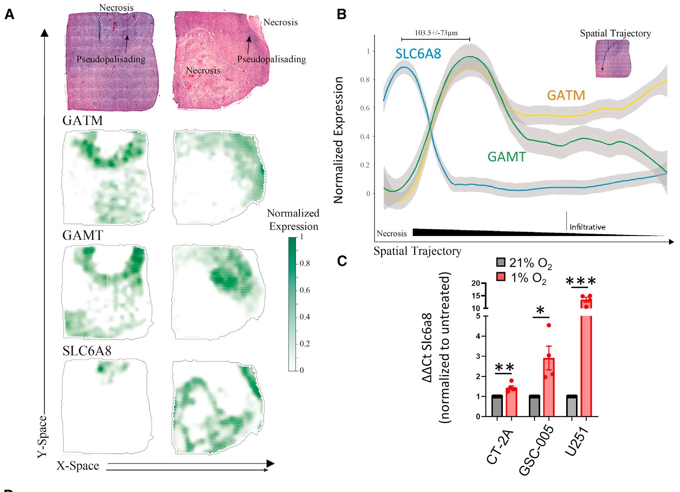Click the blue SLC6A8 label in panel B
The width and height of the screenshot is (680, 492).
coord(418,54)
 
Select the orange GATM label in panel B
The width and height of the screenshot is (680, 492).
coord(566,95)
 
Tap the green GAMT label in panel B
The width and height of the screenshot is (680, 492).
coord(506,157)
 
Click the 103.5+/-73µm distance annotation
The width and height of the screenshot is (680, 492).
coord(436,33)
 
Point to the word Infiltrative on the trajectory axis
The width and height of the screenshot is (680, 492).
coord(587,227)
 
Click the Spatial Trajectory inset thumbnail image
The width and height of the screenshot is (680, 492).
coord(613,58)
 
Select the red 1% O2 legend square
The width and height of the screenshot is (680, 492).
coord(501,277)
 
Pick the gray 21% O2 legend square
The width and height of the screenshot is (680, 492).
coord(501,262)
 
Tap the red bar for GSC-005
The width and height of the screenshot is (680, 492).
coord(549,388)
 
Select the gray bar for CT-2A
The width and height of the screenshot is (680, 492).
coord(497,406)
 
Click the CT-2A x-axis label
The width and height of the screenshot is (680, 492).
coord(500,448)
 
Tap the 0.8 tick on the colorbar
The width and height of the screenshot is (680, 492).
coord(305,264)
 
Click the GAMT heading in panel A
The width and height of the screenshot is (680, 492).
coord(83,235)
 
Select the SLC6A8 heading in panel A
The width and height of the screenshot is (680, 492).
coord(87,351)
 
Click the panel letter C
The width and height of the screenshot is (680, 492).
coord(342,261)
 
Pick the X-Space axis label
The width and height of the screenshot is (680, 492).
coord(78,466)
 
